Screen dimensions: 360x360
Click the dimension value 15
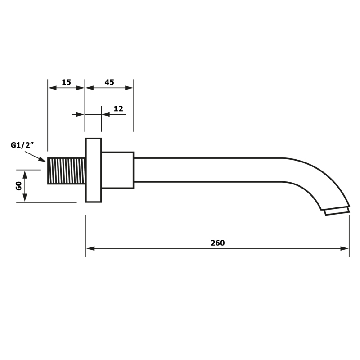click(66, 82)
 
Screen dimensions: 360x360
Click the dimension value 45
click(109, 82)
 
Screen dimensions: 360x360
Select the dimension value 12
click(118, 108)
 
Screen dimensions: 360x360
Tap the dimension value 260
click(218, 243)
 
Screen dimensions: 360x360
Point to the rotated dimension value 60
click(18, 186)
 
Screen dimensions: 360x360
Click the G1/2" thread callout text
click(22, 145)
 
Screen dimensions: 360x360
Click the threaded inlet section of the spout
click(67, 171)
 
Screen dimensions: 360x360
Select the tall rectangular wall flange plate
click(94, 170)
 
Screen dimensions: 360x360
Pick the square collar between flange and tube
click(117, 170)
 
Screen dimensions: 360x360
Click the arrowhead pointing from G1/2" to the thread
click(42, 159)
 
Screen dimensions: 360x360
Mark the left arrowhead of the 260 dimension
click(90, 248)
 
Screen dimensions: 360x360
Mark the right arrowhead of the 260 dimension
click(345, 248)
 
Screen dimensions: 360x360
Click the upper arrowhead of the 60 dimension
click(25, 174)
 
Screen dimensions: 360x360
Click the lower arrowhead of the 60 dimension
click(25, 198)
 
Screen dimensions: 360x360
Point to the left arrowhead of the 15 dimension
click(52, 88)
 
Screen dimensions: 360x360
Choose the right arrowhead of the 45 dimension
click(129, 88)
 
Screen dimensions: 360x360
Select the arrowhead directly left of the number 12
click(106, 114)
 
